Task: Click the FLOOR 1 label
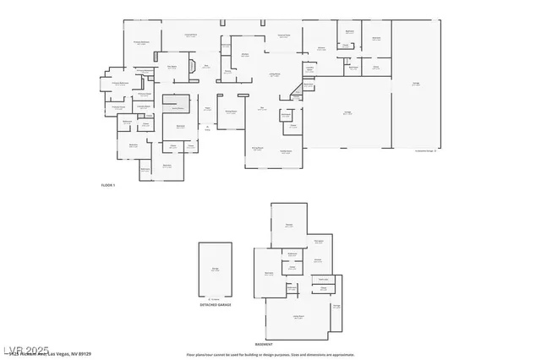point(108,184)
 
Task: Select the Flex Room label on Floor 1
point(172,66)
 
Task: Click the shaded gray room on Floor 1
point(175,105)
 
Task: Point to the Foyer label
point(205,108)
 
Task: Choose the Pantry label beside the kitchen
point(228,71)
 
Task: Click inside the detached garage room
point(215,270)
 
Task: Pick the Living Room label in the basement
point(298,316)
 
